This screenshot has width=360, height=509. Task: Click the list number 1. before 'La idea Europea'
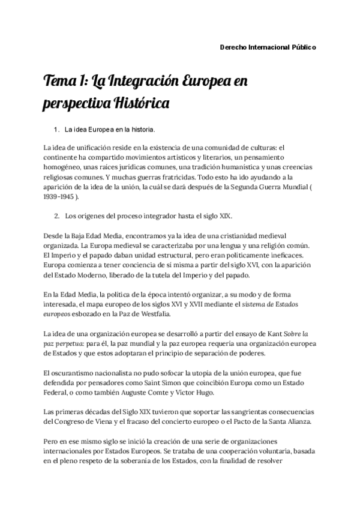(57, 129)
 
